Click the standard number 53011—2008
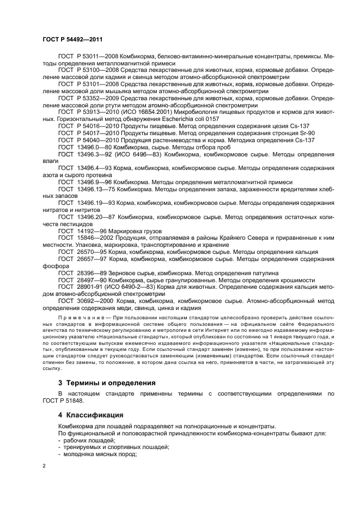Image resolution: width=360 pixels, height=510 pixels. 98,56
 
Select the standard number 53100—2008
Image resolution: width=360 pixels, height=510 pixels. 98,70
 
